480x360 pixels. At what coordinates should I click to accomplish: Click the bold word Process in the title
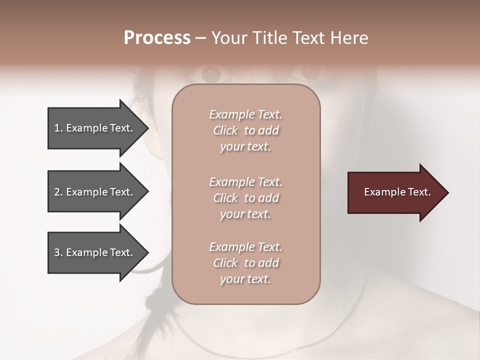pos(157,38)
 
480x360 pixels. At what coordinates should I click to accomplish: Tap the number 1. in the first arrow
pos(58,128)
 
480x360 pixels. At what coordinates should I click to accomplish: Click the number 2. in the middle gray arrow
pos(58,192)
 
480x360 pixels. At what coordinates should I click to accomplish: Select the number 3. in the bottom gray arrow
pos(58,252)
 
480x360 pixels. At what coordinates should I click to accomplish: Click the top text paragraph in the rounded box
pos(245,130)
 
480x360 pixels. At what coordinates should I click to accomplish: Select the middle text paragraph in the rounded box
pos(245,198)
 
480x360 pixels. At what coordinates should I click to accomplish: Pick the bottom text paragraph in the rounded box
pos(245,263)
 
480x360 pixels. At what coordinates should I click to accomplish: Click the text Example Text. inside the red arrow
pos(397,192)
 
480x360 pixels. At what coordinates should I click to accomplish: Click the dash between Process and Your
pos(201,38)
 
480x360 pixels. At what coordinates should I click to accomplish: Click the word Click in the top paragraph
pos(225,130)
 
